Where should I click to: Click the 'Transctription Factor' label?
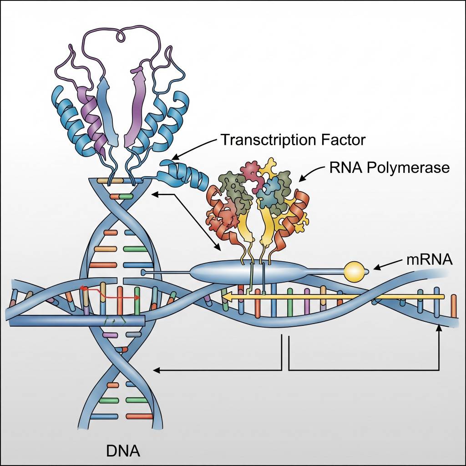pos(293,140)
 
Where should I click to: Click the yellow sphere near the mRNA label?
pos(355,272)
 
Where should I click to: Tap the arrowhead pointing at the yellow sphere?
pos(377,268)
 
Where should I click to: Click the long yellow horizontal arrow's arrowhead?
pos(226,297)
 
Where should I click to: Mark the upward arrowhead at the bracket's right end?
pos(439,328)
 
